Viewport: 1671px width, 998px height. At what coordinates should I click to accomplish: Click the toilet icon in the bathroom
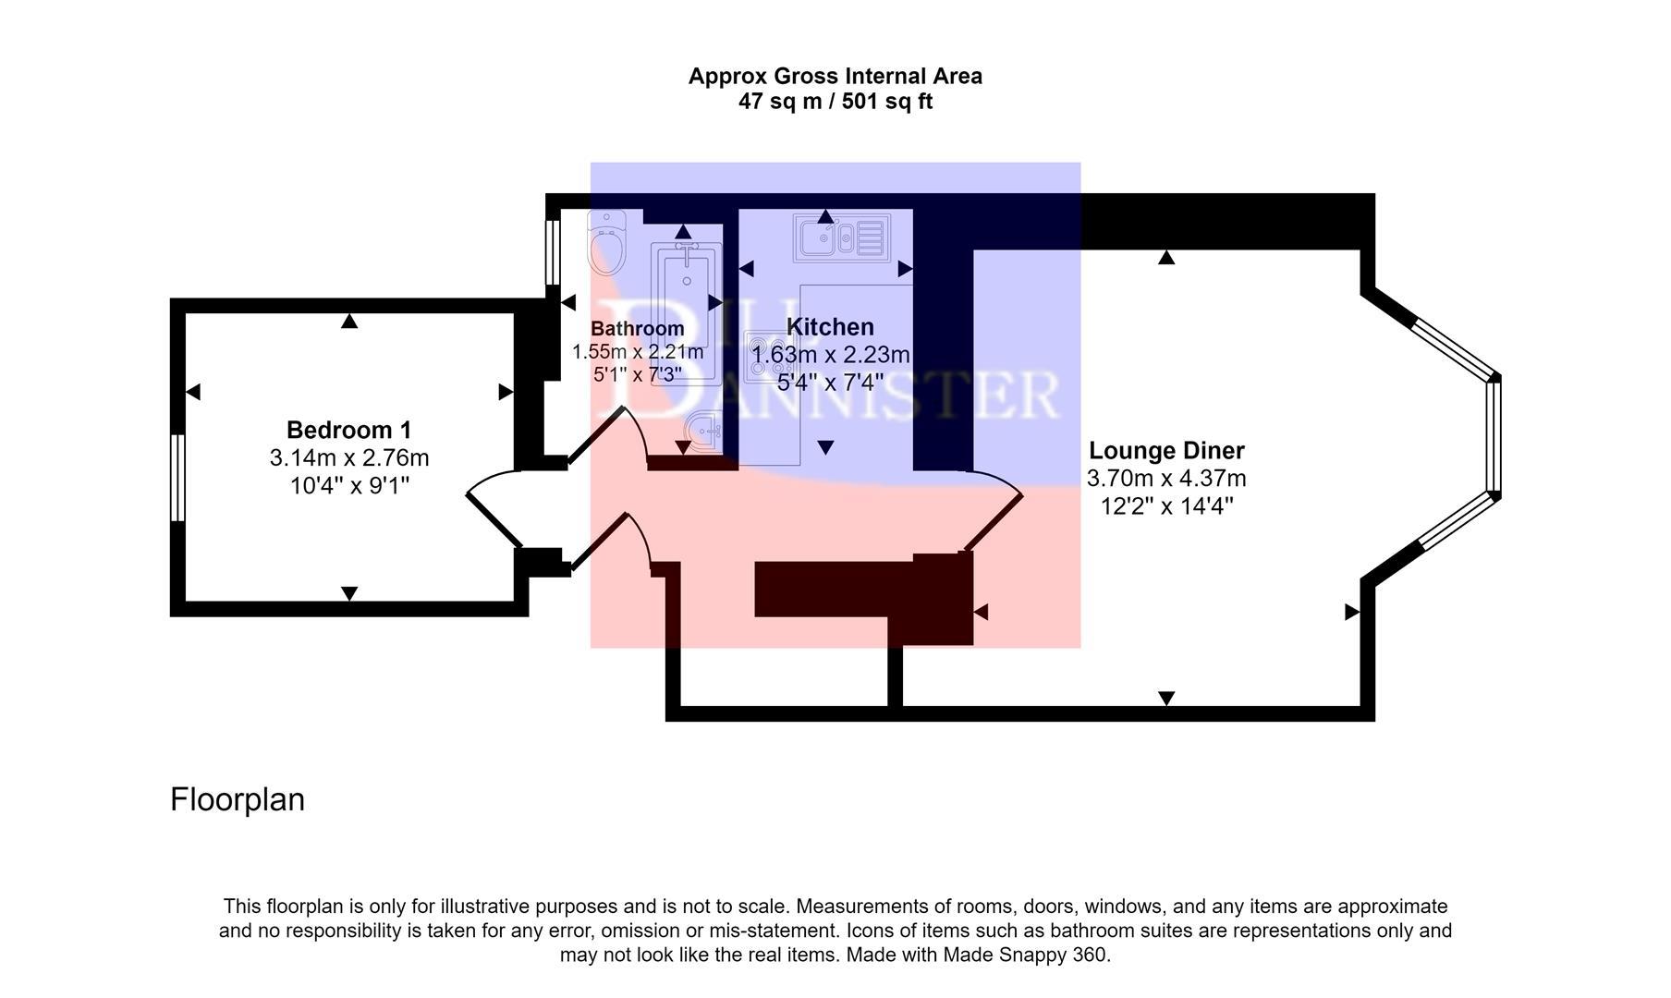(x=607, y=243)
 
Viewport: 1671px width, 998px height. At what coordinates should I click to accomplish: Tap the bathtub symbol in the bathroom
(x=686, y=310)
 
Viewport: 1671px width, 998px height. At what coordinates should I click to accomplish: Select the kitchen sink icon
(x=841, y=237)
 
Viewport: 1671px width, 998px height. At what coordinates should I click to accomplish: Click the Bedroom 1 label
(x=348, y=430)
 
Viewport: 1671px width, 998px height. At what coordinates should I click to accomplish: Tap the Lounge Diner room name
(x=1165, y=450)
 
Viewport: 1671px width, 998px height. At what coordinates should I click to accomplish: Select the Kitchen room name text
(x=829, y=327)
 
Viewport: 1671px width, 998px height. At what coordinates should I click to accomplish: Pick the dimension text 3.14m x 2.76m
(x=348, y=457)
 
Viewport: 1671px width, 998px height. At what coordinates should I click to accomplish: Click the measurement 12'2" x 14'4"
(x=1166, y=506)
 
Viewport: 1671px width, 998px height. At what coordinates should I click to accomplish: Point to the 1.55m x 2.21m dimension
(x=637, y=352)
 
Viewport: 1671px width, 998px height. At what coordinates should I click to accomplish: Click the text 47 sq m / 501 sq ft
(x=835, y=102)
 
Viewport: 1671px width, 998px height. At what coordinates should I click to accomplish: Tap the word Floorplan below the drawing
(x=237, y=799)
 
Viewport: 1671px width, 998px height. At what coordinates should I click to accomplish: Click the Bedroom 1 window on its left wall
(x=177, y=478)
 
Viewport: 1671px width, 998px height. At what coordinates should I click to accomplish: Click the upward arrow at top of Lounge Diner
(x=1166, y=258)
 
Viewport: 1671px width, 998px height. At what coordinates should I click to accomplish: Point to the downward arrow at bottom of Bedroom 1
(x=348, y=593)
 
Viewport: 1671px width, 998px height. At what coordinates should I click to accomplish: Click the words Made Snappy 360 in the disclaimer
(x=1026, y=955)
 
